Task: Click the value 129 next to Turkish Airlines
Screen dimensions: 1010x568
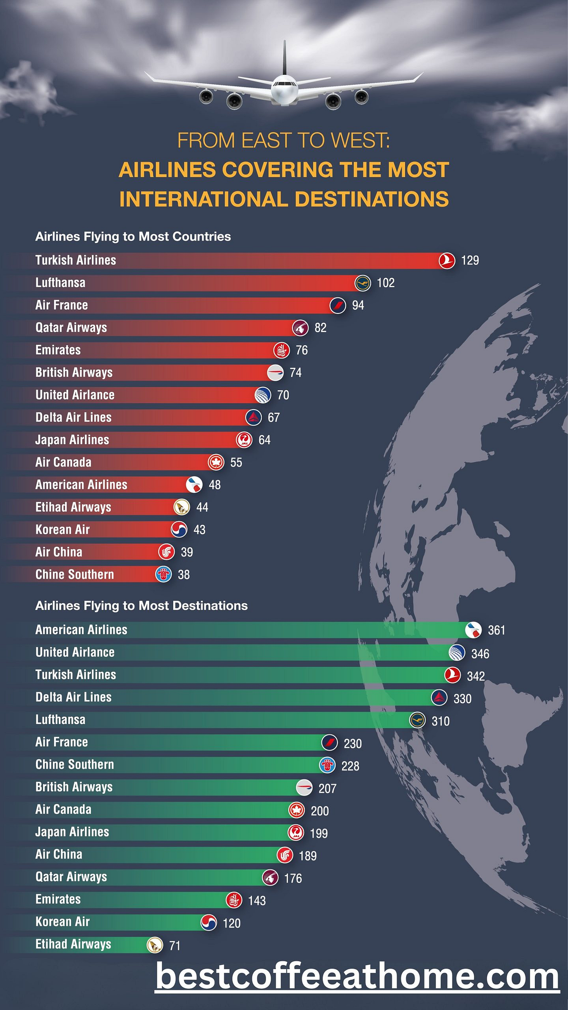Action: pyautogui.click(x=470, y=260)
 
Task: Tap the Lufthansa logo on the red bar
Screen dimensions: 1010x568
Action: pyautogui.click(x=363, y=283)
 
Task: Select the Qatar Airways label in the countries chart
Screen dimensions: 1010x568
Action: pyautogui.click(x=71, y=328)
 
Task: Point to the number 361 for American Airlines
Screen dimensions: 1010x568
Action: pyautogui.click(x=496, y=630)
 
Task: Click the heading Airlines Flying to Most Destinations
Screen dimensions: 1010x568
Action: pyautogui.click(x=141, y=606)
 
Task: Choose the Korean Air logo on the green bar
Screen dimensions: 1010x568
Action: pyautogui.click(x=209, y=922)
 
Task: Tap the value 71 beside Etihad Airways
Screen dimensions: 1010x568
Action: pyautogui.click(x=175, y=946)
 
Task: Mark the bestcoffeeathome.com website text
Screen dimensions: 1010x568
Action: pyautogui.click(x=357, y=977)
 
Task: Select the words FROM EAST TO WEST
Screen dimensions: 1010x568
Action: pyautogui.click(x=283, y=141)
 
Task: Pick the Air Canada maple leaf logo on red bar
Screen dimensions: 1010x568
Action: pyautogui.click(x=216, y=462)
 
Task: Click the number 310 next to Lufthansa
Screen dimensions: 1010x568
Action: pyautogui.click(x=440, y=721)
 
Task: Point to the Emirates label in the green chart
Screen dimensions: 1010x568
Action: pyautogui.click(x=58, y=899)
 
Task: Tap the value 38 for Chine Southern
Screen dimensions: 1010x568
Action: pyautogui.click(x=183, y=575)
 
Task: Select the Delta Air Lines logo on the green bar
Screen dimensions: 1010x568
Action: pyautogui.click(x=439, y=697)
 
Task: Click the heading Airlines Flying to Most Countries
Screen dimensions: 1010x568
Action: pyautogui.click(x=133, y=237)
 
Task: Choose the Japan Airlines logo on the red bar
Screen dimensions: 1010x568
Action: pyautogui.click(x=244, y=440)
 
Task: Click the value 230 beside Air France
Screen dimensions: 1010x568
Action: pyautogui.click(x=352, y=743)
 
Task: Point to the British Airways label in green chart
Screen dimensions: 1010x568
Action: pyautogui.click(x=74, y=787)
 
